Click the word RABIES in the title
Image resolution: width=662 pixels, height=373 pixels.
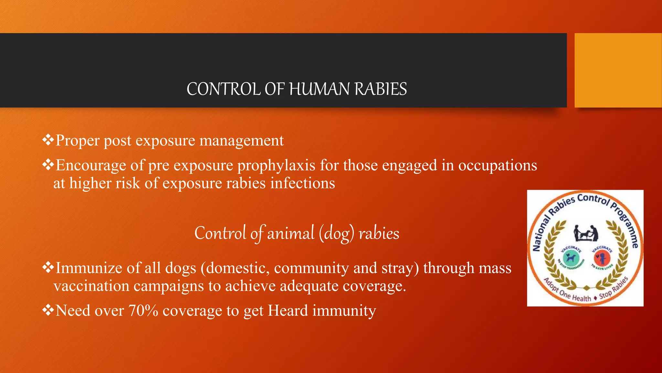pyautogui.click(x=381, y=89)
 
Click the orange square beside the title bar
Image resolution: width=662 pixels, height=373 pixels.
pyautogui.click(x=618, y=70)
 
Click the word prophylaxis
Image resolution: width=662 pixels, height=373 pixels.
pyautogui.click(x=276, y=166)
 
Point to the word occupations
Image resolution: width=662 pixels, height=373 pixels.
pyautogui.click(x=497, y=166)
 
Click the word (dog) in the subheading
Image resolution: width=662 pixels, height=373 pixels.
pyautogui.click(x=336, y=233)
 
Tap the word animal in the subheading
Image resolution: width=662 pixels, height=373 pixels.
pyautogui.click(x=290, y=233)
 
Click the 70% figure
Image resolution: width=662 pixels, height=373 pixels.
pyautogui.click(x=143, y=311)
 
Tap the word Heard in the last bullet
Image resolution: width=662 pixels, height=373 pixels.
pyautogui.click(x=288, y=311)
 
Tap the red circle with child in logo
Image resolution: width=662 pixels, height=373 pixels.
pyautogui.click(x=602, y=258)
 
